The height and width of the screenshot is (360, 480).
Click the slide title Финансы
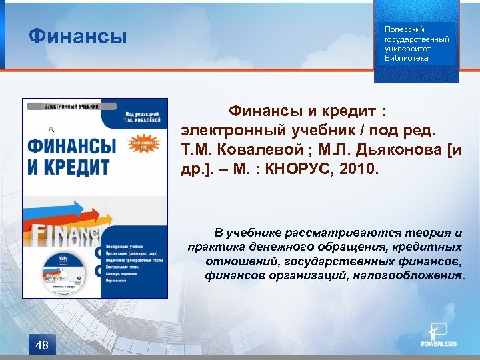tap(77, 35)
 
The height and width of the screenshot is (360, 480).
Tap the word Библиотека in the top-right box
tap(407, 58)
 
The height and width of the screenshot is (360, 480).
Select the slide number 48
tap(42, 345)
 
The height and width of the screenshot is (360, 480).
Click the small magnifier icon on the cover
tap(51, 130)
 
